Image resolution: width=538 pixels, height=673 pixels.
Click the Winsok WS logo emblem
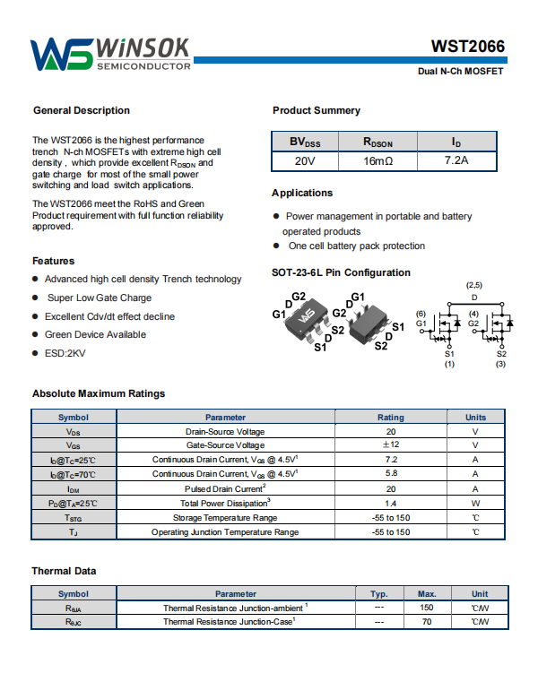point(61,55)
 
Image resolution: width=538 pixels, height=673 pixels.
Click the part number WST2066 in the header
point(467,47)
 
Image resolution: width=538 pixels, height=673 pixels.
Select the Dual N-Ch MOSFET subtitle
point(461,70)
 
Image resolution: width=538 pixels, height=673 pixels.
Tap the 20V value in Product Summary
point(305,161)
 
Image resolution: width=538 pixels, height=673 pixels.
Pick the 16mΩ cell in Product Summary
point(377,161)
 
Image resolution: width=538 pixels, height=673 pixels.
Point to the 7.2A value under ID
point(456,161)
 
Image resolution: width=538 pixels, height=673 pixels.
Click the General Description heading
point(82,111)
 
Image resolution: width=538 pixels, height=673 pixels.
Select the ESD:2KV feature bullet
point(65,353)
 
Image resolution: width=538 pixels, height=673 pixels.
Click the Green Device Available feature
point(95,334)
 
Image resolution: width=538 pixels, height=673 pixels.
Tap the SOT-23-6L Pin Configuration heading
point(341,272)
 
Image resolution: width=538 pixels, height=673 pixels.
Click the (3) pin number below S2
point(501,364)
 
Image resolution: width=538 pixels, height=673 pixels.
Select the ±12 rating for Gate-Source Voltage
point(391,445)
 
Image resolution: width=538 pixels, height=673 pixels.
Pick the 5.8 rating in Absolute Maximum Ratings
point(391,473)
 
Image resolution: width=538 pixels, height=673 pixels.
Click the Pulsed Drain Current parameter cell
point(225,488)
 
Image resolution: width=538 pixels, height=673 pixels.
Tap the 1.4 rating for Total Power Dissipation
point(391,504)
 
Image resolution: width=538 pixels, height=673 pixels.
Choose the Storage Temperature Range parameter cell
point(225,518)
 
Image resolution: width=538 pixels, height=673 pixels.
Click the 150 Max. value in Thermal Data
point(427,608)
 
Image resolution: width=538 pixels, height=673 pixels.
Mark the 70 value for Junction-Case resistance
point(427,621)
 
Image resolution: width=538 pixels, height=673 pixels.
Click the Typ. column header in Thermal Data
point(378,593)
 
